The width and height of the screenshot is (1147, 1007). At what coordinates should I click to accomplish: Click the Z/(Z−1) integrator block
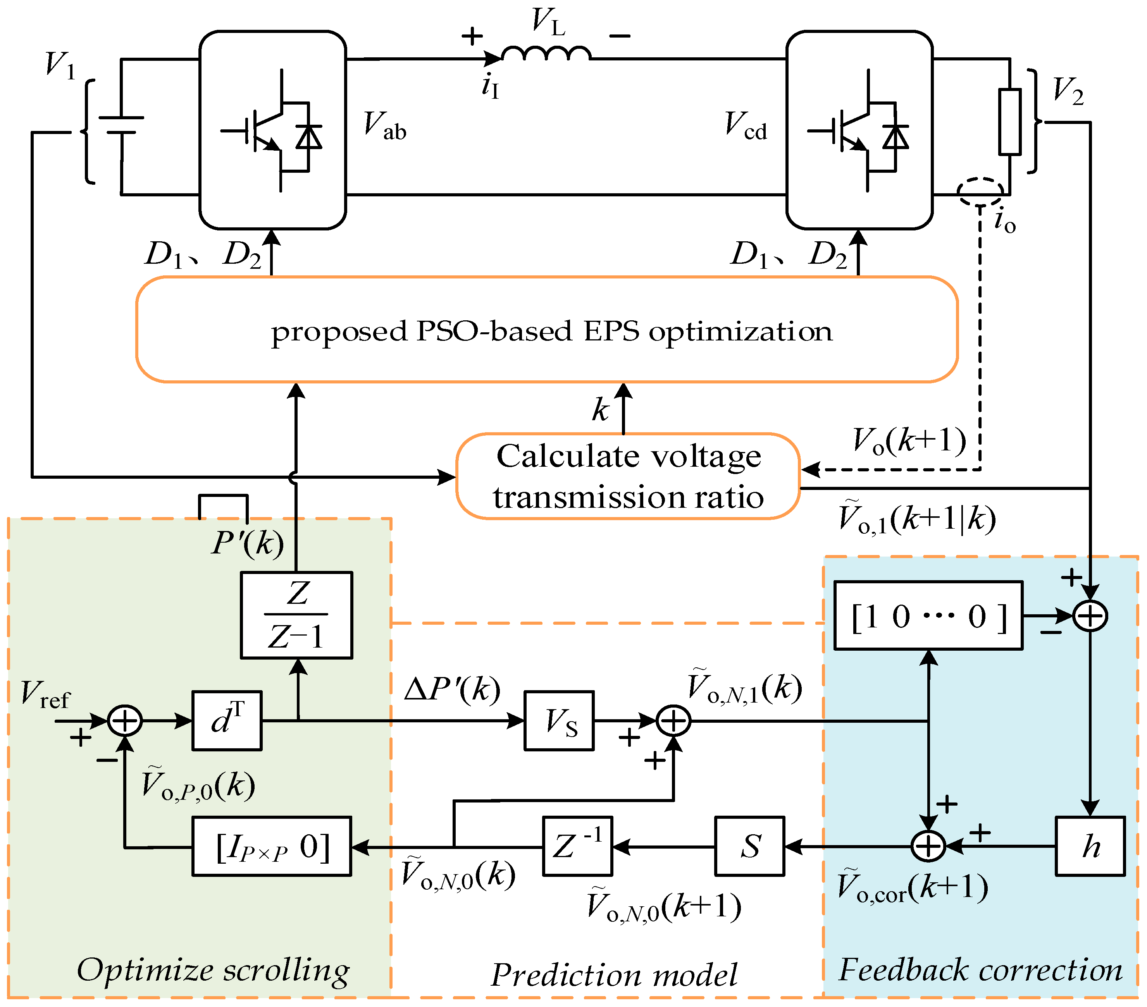(296, 615)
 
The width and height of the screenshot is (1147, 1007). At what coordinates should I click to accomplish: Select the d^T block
(227, 720)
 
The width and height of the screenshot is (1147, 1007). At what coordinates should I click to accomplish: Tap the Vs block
(559, 720)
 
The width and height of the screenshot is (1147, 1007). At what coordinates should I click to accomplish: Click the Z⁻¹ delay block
(577, 846)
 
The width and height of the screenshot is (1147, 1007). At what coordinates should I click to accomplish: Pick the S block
(749, 846)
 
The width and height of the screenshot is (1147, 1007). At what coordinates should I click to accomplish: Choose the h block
(1090, 846)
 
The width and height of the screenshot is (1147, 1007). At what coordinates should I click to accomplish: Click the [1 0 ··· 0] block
(928, 616)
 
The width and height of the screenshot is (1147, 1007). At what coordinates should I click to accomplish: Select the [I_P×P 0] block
(272, 846)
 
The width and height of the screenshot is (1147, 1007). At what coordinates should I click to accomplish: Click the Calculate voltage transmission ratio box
(627, 476)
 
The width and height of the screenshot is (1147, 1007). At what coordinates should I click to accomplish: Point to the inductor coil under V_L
(546, 53)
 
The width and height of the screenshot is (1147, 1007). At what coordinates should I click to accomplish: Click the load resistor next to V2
(1009, 121)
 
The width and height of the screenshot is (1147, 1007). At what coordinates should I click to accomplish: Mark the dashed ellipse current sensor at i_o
(980, 192)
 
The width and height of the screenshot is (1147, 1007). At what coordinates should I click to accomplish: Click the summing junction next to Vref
(124, 720)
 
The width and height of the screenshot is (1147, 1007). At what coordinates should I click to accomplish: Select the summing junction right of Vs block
(673, 721)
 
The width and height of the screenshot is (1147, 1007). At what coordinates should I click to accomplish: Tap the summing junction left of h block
(928, 846)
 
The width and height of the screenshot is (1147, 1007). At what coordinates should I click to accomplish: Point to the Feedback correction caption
(980, 970)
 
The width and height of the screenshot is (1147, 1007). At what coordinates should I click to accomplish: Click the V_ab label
(385, 125)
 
